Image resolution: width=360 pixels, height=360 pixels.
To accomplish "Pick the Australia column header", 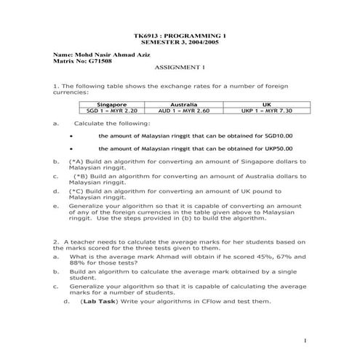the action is coord(183,105).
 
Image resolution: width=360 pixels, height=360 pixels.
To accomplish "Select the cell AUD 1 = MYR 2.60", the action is coord(183,111).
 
